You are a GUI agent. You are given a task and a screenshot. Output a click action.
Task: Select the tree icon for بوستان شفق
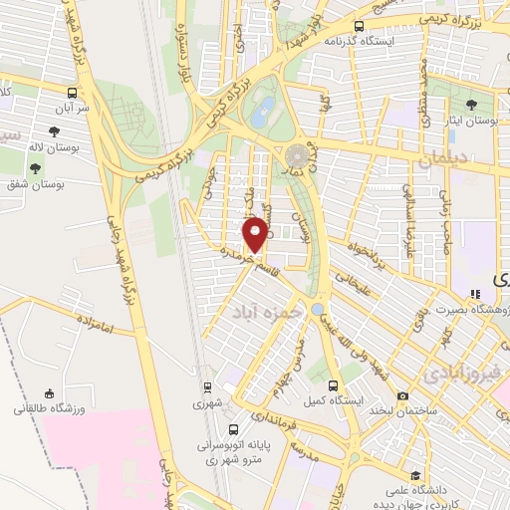click(39, 168)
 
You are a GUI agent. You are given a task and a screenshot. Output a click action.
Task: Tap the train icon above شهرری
click(206, 386)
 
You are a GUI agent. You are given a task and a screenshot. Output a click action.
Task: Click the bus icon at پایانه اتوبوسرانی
click(233, 430)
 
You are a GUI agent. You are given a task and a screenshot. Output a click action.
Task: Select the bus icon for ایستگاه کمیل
click(332, 385)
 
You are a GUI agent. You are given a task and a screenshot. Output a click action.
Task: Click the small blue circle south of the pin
click(317, 310)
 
